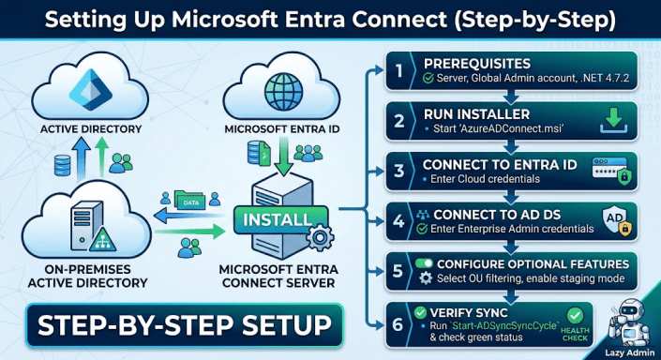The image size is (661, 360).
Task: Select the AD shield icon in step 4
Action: [614, 221]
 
